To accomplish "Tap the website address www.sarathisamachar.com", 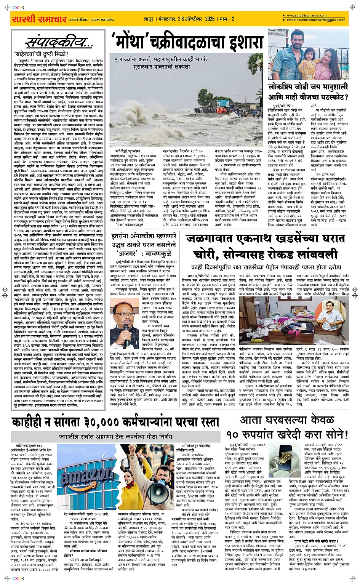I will pyautogui.click(x=309, y=16).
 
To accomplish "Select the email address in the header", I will pyautogui.click(x=316, y=20).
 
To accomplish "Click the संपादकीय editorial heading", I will pyautogui.click(x=58, y=43).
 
